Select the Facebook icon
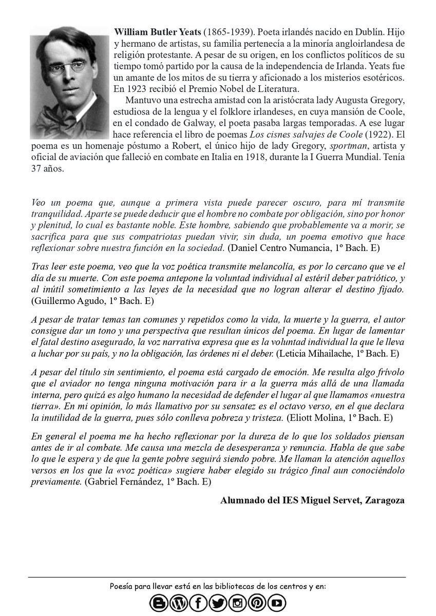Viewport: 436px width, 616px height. pyautogui.click(x=198, y=603)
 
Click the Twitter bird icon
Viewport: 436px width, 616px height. pyautogui.click(x=218, y=603)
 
